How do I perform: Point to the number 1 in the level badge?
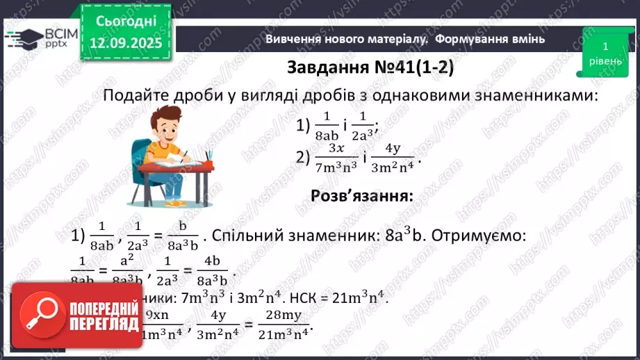(605, 47)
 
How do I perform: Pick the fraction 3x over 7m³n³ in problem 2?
(336, 158)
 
